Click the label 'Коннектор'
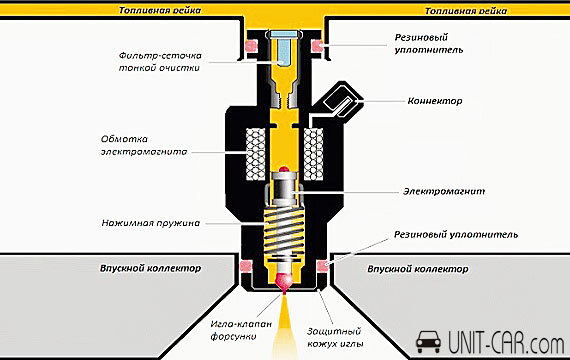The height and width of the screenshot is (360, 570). coord(435,101)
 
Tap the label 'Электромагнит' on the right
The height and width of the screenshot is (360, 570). coord(444,191)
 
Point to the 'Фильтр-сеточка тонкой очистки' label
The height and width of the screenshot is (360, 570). coord(160,62)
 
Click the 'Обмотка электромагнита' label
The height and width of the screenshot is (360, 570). coord(144,145)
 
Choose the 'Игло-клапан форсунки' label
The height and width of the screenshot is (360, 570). coord(241,330)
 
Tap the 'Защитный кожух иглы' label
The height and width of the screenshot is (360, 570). coord(335,337)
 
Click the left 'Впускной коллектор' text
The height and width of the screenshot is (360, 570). coord(150,268)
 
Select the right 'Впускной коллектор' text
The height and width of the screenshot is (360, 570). coord(418,269)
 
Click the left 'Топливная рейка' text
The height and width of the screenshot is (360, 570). coord(160,10)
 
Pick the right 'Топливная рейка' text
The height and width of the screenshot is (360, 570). coord(466,11)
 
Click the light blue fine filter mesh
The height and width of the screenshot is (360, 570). coord(285,48)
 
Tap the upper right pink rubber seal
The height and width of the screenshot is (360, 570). coord(317,46)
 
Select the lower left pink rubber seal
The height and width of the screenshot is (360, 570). coord(246,266)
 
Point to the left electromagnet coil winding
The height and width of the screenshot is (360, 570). coord(256,154)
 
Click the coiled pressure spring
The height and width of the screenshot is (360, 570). coord(284,233)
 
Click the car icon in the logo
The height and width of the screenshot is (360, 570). coord(428,342)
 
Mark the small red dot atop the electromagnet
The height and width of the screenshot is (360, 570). coord(284,169)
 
